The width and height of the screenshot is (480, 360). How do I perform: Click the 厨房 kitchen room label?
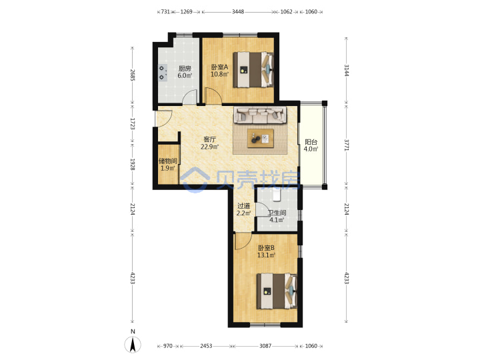pyautogui.click(x=185, y=69)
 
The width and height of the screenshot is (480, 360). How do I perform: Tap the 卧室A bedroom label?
pyautogui.click(x=219, y=67)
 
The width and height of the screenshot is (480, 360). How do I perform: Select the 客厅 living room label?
pyautogui.click(x=210, y=139)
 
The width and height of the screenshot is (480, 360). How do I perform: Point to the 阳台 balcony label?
pyautogui.click(x=311, y=142)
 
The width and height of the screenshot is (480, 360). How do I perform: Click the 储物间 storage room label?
pyautogui.click(x=168, y=161)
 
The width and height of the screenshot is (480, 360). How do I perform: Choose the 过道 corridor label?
pyautogui.click(x=244, y=206)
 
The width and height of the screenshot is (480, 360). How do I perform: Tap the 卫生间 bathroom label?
pyautogui.click(x=277, y=213)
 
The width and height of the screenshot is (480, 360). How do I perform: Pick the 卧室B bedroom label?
pyautogui.click(x=266, y=247)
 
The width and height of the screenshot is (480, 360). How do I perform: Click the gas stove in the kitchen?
pyautogui.click(x=163, y=73)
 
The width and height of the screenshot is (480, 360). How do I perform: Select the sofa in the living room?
pyautogui.click(x=260, y=115)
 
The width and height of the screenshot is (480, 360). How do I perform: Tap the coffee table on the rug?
pyautogui.click(x=261, y=139)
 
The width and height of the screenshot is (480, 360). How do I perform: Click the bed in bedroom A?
pyautogui.click(x=253, y=70)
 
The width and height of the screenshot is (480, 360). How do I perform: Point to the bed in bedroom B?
pyautogui.click(x=277, y=291)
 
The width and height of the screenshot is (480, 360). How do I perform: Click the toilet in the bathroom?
pyautogui.click(x=277, y=195)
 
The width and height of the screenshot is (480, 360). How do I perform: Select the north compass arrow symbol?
pyautogui.click(x=133, y=345)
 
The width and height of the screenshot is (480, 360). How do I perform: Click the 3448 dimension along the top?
pyautogui.click(x=238, y=11)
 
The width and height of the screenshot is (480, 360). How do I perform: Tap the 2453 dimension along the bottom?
pyautogui.click(x=206, y=346)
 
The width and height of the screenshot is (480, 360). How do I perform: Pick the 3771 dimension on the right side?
pyautogui.click(x=347, y=145)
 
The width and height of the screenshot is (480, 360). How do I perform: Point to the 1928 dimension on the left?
pyautogui.click(x=133, y=164)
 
